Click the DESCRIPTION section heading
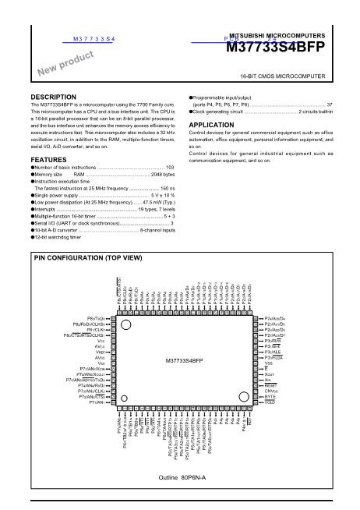[x=52, y=97]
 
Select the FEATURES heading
[x=48, y=159]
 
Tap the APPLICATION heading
[x=211, y=125]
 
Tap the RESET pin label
[x=270, y=385]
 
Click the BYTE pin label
[x=270, y=397]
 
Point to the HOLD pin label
[x=270, y=402]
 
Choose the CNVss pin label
[x=272, y=391]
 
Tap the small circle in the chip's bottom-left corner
[x=123, y=402]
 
